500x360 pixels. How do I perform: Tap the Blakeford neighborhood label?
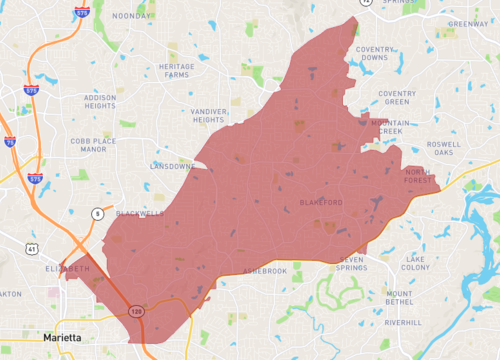(321, 203)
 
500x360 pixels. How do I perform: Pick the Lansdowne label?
(170, 166)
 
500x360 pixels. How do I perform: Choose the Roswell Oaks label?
(443, 148)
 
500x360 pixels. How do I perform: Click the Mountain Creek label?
(390, 128)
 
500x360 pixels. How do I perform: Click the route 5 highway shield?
(97, 213)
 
